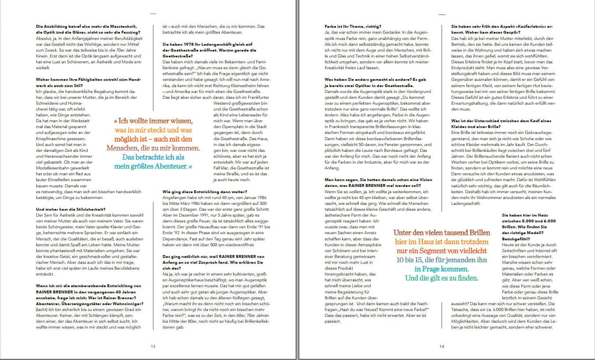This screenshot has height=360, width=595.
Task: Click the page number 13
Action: point(153,346)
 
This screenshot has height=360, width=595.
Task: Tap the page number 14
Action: point(442,346)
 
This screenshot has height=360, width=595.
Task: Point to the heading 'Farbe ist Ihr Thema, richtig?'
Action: point(353,26)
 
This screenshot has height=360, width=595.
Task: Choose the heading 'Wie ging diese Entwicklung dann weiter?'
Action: point(205,192)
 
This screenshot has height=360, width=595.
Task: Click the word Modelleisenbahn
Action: point(56,168)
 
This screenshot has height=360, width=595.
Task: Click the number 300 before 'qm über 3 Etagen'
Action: point(262,203)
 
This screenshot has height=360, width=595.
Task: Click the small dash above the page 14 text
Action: point(442,15)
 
